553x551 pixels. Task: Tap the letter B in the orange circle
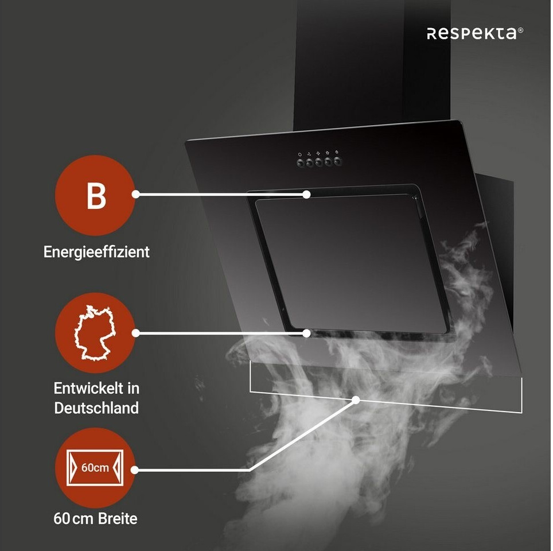pos(96,195)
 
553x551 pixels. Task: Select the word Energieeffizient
pos(96,251)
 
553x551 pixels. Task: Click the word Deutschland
pos(96,408)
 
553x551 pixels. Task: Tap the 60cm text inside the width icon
pos(95,467)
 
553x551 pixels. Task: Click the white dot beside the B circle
pos(136,195)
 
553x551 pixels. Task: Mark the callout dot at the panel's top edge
pos(307,195)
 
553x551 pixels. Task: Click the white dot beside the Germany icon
pos(136,333)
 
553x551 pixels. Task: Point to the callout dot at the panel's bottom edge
pos(307,333)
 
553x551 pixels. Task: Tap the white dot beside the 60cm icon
pos(136,469)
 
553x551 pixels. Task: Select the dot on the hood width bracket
pos(356,399)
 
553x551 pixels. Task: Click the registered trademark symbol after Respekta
pos(521,30)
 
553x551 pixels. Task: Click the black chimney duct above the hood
pos(350,63)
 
